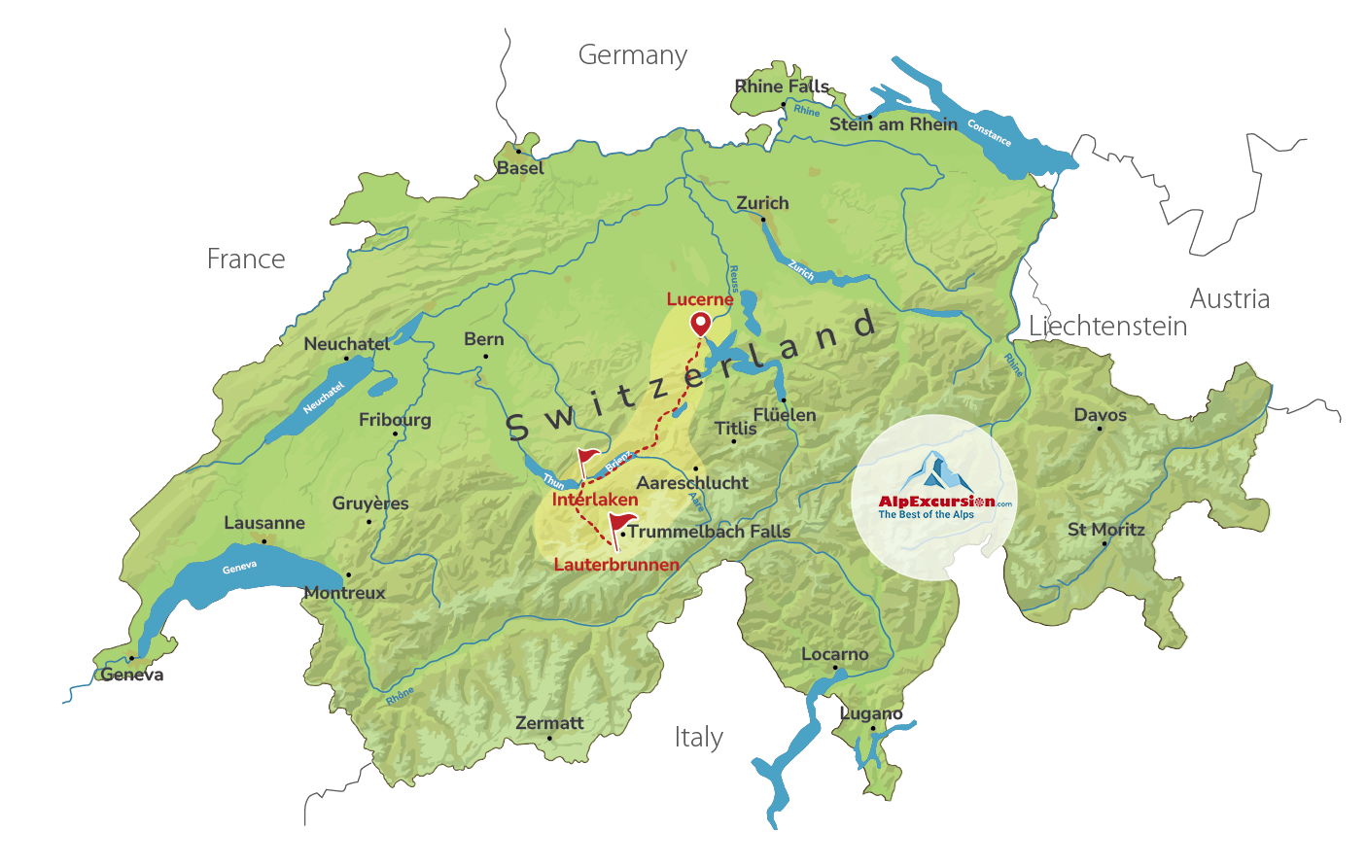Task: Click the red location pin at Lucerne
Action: (x=700, y=324)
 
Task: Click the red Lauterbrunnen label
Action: (x=616, y=565)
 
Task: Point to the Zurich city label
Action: (x=762, y=203)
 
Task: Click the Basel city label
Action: (x=520, y=168)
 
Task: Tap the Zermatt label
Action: (x=549, y=723)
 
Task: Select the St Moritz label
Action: (x=1106, y=530)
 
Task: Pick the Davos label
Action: (x=1100, y=415)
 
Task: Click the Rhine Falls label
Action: (x=782, y=87)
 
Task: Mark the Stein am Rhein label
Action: (x=893, y=124)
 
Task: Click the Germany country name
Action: (x=632, y=55)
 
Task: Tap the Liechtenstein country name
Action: (x=1108, y=327)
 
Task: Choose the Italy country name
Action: (x=699, y=738)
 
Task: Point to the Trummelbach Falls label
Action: (x=709, y=532)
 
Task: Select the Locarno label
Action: (x=834, y=654)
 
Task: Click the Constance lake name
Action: (x=989, y=133)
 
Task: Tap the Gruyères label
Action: (x=370, y=503)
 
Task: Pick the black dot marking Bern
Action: (x=486, y=356)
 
